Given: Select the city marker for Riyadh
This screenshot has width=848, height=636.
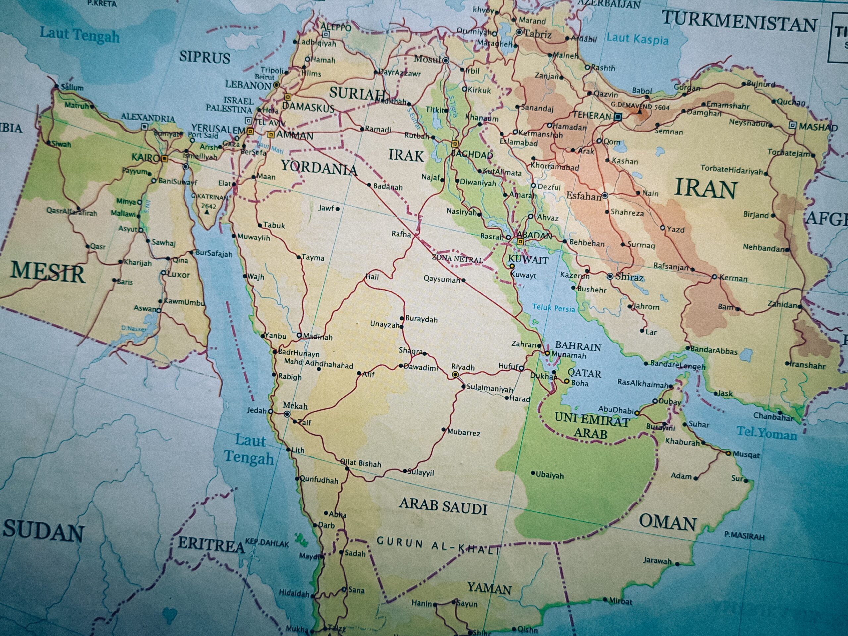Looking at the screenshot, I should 455,375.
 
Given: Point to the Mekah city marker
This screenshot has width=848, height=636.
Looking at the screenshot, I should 287,414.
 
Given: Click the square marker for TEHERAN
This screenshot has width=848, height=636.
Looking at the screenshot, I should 617,117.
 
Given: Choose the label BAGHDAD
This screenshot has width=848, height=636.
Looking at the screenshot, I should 472,154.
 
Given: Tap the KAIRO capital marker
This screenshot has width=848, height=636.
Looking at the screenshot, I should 164,158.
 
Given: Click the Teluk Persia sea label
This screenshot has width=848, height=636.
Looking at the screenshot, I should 553,308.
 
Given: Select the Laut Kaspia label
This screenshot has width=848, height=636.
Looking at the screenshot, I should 637,39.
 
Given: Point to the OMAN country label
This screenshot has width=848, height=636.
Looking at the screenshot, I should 667,523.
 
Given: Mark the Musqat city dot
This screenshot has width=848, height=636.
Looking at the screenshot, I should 728,453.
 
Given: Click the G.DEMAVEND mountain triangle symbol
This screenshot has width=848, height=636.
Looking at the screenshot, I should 639,112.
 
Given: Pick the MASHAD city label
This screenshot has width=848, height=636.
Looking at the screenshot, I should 818,127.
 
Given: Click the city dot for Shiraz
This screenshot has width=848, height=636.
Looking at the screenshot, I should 610,276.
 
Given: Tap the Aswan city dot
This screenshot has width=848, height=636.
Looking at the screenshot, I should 159,310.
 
